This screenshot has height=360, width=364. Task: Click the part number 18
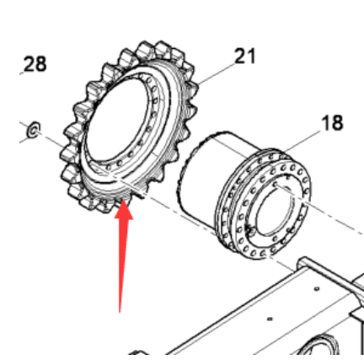point(332,123)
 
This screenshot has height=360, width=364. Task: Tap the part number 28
point(35,64)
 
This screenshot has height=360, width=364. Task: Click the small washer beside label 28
point(34,130)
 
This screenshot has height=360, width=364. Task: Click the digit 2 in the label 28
point(29,64)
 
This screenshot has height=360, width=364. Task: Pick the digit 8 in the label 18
point(338,123)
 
